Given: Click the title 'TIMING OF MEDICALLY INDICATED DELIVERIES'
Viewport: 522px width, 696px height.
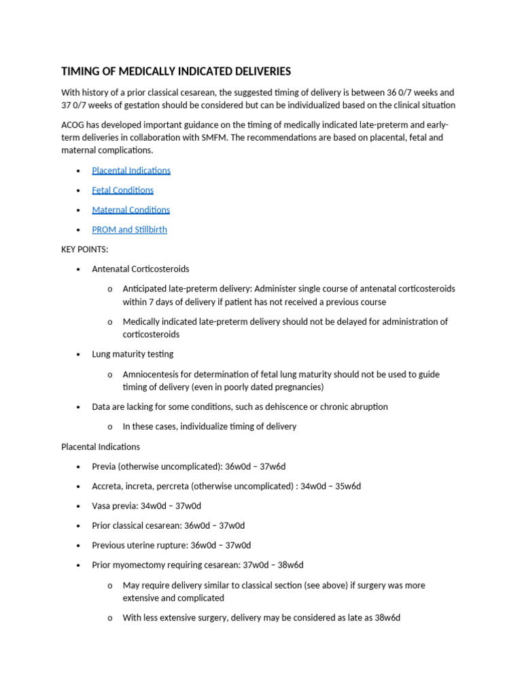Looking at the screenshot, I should [x=176, y=71].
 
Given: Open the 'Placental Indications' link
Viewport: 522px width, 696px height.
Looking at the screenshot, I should [x=131, y=171].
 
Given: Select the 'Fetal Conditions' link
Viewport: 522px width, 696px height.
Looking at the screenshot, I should [x=122, y=190].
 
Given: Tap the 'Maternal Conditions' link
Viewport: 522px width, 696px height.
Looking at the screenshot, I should [x=130, y=210].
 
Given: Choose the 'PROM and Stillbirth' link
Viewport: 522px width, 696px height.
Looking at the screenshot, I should [x=129, y=230].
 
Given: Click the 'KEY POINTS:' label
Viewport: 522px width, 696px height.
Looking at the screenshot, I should [x=84, y=249].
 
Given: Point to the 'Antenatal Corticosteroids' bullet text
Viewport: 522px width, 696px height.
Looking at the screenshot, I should [x=140, y=269].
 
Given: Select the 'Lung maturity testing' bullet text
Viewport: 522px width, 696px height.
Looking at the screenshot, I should [x=133, y=354].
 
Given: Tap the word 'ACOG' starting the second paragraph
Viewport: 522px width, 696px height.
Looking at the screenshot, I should [x=73, y=124].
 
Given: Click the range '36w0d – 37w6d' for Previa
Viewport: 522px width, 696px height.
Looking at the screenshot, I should [x=256, y=466].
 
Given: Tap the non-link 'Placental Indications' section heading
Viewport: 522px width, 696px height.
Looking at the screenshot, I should [x=101, y=447].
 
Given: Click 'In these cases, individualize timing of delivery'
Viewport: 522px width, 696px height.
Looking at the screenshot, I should [x=209, y=427].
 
